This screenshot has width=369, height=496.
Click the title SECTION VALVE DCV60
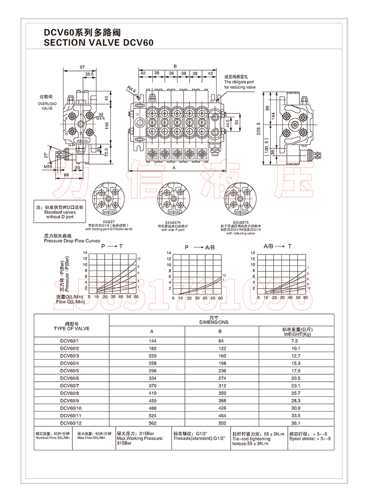(x=98, y=42)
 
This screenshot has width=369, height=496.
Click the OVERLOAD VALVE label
(x=47, y=106)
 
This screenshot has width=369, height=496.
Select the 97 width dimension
(x=82, y=67)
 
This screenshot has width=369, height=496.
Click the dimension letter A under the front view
(x=173, y=169)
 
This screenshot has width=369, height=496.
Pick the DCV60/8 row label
(x=70, y=393)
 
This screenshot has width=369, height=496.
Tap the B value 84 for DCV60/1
(x=220, y=341)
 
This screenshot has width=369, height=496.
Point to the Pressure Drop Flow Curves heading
(x=72, y=241)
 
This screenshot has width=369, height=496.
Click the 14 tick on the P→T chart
(x=84, y=253)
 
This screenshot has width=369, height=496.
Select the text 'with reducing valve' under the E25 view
(x=240, y=233)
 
